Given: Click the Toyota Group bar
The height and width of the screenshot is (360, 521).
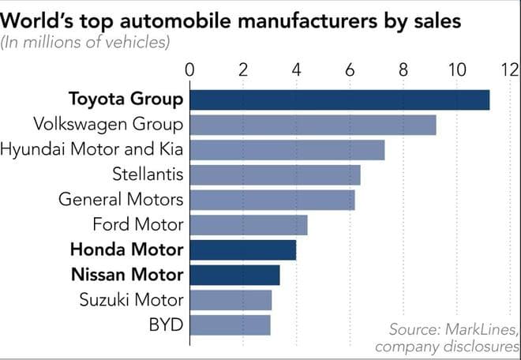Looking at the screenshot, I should click(339, 100).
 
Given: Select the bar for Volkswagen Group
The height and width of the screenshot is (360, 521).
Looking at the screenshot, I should click(313, 125).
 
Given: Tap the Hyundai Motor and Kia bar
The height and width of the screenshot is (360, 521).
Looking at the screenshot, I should click(287, 150).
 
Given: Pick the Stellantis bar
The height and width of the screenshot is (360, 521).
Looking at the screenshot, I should click(275, 174).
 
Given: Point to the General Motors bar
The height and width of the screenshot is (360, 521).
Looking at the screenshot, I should click(272, 200).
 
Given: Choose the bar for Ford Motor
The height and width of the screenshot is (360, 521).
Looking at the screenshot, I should click(248, 225).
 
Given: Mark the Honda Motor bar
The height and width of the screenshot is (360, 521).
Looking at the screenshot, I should click(242, 249).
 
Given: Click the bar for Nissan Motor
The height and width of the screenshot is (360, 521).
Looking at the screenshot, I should click(234, 275).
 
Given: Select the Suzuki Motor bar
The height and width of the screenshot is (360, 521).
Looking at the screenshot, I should click(231, 300).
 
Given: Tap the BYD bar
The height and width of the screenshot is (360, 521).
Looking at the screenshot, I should click(230, 324).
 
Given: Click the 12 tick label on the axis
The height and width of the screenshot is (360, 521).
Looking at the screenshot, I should click(508, 70).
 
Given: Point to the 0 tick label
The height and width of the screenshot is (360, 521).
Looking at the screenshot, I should click(189, 70).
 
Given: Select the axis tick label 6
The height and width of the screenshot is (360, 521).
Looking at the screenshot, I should click(350, 70).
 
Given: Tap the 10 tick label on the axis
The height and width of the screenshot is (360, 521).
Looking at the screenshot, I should click(456, 70).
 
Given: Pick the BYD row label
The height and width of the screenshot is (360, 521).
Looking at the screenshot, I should click(167, 324).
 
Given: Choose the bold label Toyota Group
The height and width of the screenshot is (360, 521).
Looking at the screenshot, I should click(126, 100).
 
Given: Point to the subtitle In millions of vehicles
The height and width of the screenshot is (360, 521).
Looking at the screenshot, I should click(85, 42).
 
